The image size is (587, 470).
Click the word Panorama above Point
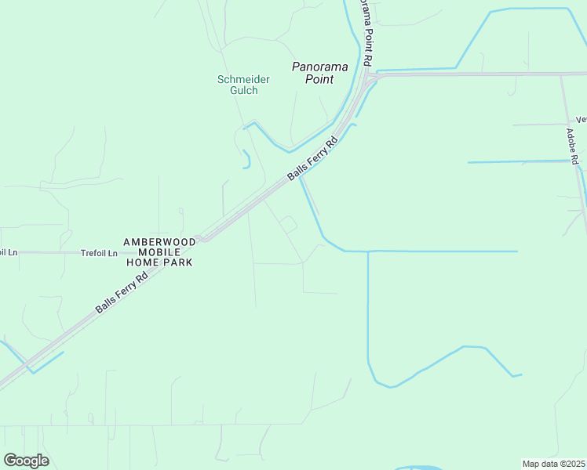pos(319,67)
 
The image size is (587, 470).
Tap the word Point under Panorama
pos(320,79)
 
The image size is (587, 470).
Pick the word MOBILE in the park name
pos(158,252)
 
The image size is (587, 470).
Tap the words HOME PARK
pos(158,262)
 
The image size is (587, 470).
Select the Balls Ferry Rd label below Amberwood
pos(122,293)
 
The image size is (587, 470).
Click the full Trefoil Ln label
pos(99,253)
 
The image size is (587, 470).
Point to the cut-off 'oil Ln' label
pos(8,253)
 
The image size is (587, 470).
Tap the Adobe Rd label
pos(573,147)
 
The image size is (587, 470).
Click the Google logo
pos(26,461)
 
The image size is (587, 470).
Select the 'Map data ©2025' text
pos(553,464)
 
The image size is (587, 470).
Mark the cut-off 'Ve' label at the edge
pos(581,120)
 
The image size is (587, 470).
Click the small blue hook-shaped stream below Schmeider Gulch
pos(247,159)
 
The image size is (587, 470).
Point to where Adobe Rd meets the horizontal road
pos(562,75)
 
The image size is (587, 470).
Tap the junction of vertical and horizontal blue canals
pos(368,251)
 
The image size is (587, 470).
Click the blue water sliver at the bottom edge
pos(420,468)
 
